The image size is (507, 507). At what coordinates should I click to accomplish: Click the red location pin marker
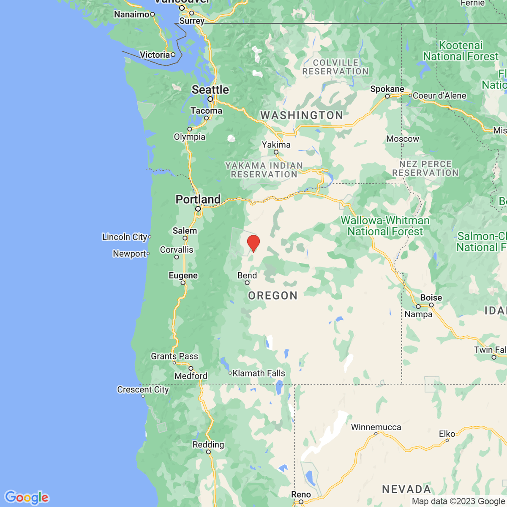tap(253, 243)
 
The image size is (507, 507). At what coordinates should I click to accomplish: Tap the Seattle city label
tap(210, 90)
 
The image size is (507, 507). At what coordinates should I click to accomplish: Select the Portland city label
tap(198, 199)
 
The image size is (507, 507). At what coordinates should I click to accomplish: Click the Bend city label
tap(247, 275)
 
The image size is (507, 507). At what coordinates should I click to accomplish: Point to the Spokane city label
tap(387, 89)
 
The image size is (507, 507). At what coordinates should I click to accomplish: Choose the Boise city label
tap(431, 297)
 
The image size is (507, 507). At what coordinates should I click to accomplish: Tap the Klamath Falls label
tap(259, 373)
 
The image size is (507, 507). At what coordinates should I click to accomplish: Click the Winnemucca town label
tap(376, 427)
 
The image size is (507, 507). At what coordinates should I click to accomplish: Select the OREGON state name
tap(273, 295)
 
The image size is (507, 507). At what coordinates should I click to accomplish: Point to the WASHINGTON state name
tap(302, 115)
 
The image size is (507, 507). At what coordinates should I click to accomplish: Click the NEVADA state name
tap(406, 489)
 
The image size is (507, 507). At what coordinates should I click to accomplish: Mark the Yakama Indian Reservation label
tap(264, 170)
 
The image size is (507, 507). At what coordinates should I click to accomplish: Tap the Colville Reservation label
tap(335, 67)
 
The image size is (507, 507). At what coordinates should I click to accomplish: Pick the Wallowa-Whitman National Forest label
tap(385, 226)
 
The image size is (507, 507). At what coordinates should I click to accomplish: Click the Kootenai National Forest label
tap(461, 51)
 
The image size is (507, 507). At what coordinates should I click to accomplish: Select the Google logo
tap(26, 497)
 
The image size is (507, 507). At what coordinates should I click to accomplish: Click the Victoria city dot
tap(173, 55)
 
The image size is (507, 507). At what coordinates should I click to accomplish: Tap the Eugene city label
tap(183, 275)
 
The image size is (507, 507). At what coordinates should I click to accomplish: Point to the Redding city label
tap(208, 444)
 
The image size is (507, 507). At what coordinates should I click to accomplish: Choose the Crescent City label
tap(143, 390)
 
